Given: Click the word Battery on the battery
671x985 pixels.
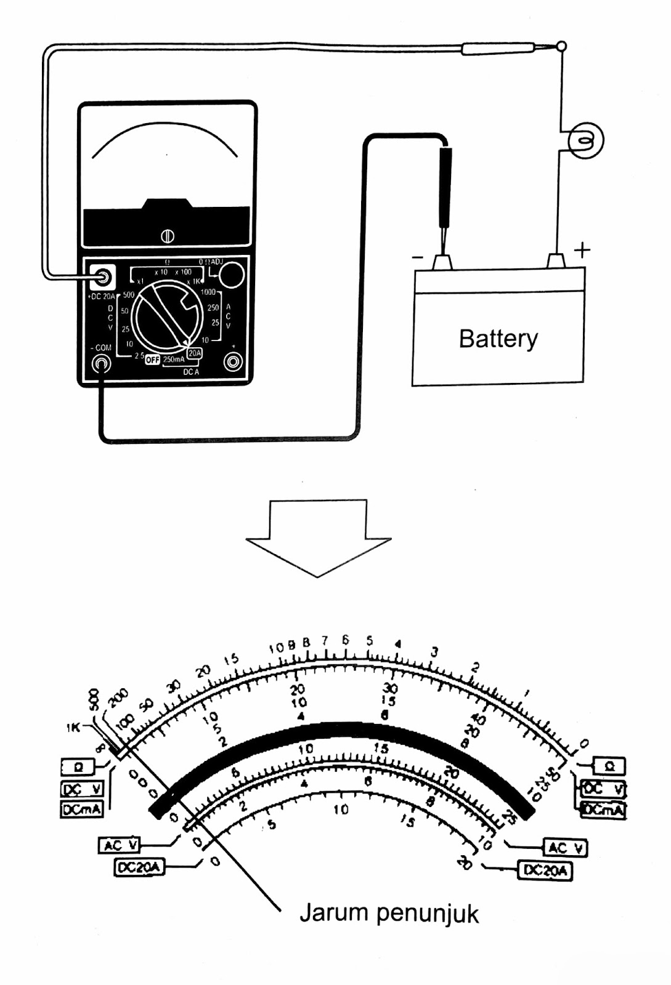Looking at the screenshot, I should coord(498,339).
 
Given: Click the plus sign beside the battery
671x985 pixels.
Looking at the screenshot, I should coord(582,250).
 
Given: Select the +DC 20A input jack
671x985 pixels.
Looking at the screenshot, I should coord(102,278).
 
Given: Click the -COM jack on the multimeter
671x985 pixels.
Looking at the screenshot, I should coord(101,364).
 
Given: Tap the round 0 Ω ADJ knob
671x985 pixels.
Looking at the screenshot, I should coord(232,275).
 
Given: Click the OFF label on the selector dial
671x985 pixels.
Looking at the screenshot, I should coord(152,360).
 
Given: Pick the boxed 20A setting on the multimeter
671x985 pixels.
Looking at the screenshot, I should coord(195,353).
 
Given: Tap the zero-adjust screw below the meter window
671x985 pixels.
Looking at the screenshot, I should coord(167,236).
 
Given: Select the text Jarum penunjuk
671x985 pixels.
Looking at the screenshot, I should coord(389,913).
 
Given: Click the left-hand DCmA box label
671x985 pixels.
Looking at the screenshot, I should coord(81,810).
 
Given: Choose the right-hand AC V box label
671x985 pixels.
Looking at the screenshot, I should coord(564,848).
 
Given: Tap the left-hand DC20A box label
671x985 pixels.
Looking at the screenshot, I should coord(139,867).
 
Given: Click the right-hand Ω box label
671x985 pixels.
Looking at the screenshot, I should coord(609,766).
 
